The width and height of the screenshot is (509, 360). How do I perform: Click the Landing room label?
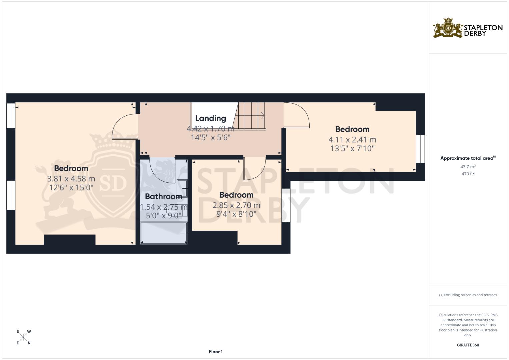point(210,118)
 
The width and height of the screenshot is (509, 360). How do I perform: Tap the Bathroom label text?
point(163,197)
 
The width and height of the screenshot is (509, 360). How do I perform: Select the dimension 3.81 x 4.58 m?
point(71,179)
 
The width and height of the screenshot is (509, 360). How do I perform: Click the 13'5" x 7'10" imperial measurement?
point(352,149)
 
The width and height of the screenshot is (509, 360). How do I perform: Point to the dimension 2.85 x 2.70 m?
point(236,205)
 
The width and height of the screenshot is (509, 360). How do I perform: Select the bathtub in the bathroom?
point(163,233)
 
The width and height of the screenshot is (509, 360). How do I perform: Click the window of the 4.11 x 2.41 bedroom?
point(420,149)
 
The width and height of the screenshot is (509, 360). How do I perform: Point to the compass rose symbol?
point(23,337)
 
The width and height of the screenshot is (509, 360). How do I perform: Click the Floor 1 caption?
point(216,352)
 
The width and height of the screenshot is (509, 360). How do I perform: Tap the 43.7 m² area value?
point(468,166)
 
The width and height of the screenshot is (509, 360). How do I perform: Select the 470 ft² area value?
point(468,174)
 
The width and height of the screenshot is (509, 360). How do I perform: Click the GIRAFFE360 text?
point(468,345)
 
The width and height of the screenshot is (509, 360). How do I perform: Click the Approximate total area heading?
point(467,158)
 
